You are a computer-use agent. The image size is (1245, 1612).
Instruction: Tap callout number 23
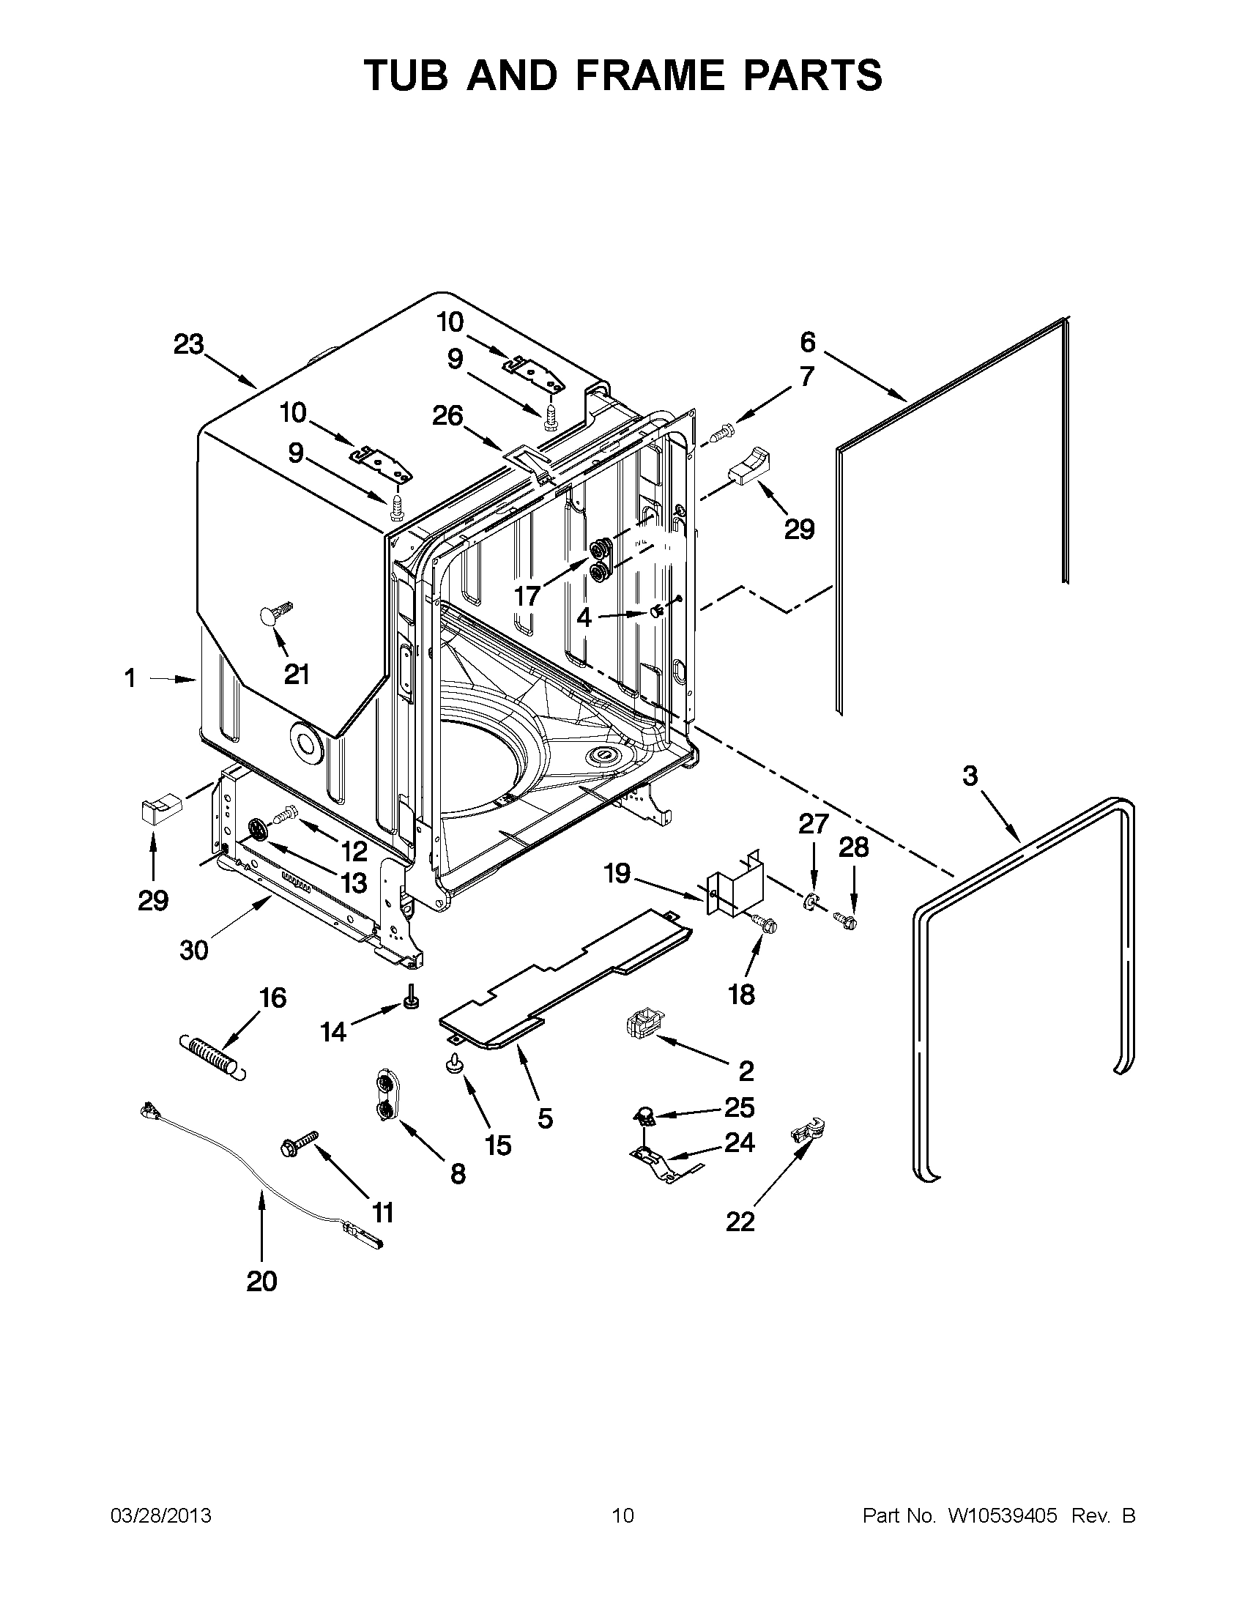[x=189, y=344]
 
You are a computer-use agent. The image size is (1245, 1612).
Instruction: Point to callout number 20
[x=261, y=1282]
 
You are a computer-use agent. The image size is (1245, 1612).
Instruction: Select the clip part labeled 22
[x=808, y=1131]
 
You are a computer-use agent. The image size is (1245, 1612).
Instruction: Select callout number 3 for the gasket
[x=970, y=776]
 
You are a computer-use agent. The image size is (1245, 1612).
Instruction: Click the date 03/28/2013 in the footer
[x=160, y=1516]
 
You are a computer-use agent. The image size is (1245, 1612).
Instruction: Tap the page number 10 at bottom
[x=622, y=1516]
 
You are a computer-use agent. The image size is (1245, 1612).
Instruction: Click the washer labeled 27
[x=809, y=902]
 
